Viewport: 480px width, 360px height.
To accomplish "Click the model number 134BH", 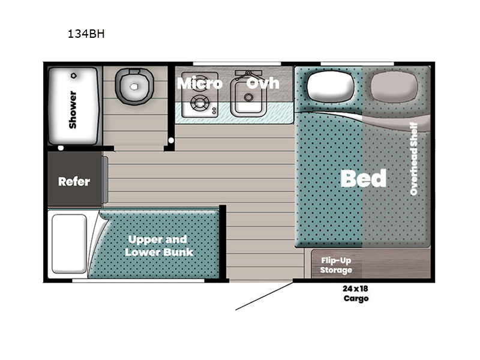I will point(86,34).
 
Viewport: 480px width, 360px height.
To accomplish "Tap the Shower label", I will point(73,109).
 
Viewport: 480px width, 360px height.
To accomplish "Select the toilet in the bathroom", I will point(134,87).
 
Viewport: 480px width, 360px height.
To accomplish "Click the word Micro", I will point(199,83).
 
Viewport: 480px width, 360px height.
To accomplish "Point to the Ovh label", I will point(263,83).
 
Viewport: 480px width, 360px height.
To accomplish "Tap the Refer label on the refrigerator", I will point(74,181).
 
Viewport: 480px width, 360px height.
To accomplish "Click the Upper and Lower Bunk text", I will point(159,245).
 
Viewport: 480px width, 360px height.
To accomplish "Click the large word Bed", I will point(364,178).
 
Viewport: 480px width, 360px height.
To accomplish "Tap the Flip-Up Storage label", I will point(336,265).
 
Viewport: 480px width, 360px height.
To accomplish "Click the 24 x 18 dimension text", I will point(355,289).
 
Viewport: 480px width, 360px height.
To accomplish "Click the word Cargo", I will point(356,298).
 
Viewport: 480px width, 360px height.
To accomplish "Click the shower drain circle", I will point(73,76).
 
